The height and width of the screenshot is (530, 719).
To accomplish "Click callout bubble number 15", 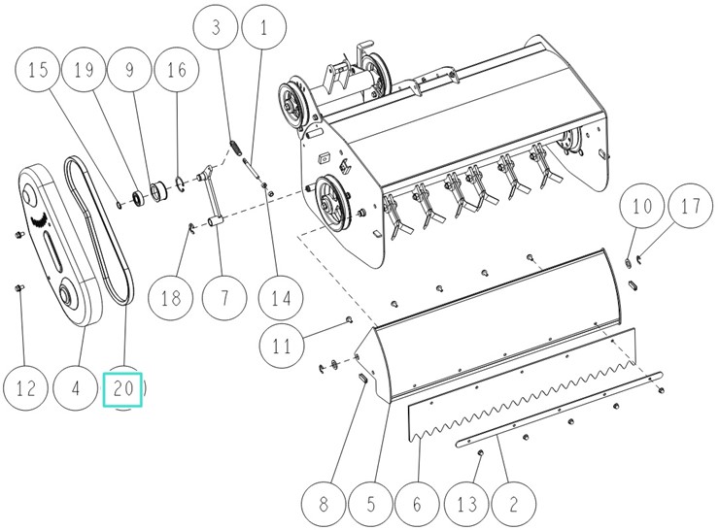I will click(x=40, y=72).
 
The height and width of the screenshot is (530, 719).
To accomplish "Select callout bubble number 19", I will click(x=84, y=72).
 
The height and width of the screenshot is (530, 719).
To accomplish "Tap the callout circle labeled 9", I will click(x=127, y=72).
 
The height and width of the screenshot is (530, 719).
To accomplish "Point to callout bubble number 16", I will click(x=176, y=72).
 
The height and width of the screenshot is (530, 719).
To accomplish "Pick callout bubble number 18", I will click(x=172, y=297).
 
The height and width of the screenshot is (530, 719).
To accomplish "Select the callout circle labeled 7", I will click(x=225, y=297).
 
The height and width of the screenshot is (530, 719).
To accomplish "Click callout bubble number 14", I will click(x=280, y=297).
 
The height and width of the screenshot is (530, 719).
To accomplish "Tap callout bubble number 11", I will click(x=282, y=345).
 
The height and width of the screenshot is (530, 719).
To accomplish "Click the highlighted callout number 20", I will click(x=123, y=388).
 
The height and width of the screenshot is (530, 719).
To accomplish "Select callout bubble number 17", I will click(x=689, y=208).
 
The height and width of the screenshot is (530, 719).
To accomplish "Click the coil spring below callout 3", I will click(x=233, y=148).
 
